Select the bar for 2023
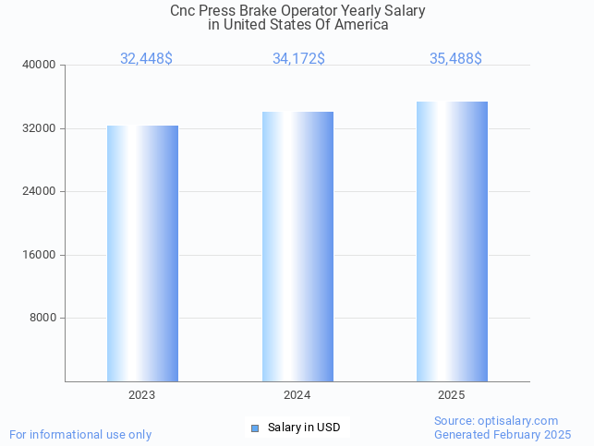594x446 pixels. (x=142, y=254)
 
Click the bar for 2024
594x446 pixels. (x=297, y=247)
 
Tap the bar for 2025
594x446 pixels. (x=452, y=241)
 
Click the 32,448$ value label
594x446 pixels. (x=146, y=59)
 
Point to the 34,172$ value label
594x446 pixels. (x=298, y=59)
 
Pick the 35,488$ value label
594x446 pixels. (x=455, y=59)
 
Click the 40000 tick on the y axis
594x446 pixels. (x=41, y=66)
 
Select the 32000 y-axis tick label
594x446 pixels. (x=41, y=128)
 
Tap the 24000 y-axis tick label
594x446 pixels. (x=41, y=192)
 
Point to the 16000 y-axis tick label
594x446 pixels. (x=41, y=255)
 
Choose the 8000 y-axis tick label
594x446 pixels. (x=43, y=319)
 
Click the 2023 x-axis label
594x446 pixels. (x=142, y=395)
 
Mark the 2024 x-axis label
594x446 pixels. (x=297, y=395)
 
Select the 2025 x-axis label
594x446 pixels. (x=452, y=395)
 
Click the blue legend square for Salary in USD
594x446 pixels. (x=255, y=428)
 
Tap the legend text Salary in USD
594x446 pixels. (x=304, y=428)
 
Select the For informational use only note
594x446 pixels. (x=80, y=434)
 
